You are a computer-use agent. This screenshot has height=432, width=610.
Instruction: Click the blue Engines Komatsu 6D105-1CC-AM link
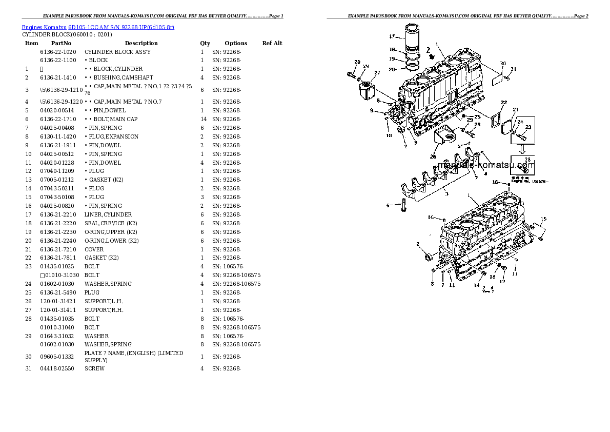pos(98,27)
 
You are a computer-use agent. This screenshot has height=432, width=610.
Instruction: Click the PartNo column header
pos(61,43)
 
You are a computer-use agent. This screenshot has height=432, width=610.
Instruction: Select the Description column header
pos(141,43)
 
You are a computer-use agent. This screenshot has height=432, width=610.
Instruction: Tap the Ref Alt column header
pos(272,43)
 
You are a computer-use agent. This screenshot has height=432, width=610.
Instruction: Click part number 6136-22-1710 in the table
pos(57,119)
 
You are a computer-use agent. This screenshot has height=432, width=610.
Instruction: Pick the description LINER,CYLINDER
pos(108,214)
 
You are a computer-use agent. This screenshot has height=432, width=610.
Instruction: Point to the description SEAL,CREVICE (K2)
pos(111,223)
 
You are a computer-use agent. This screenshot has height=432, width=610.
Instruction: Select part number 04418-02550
pos(57,368)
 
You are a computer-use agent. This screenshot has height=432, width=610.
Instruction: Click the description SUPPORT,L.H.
pos(104,301)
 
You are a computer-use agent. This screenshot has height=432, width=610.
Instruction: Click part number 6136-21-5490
pos(57,292)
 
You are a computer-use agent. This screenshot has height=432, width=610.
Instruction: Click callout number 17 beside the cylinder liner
pos(392,36)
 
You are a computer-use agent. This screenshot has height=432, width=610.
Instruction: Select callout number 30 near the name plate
pos(502,64)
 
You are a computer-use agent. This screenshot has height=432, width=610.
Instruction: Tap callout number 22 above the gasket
pos(504,103)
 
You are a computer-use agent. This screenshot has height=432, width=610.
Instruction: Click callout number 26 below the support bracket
pos(433,156)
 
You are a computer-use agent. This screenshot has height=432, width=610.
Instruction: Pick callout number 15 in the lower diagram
pos(543,220)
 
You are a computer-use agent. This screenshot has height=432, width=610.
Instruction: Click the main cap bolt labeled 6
pos(402,206)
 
